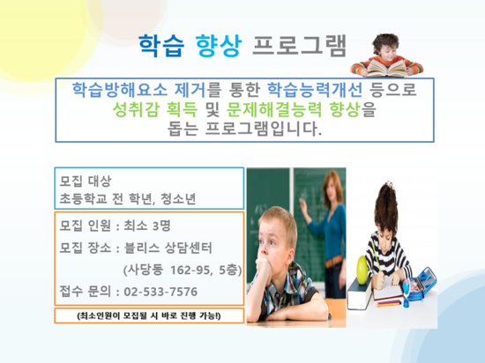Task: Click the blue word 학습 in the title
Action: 161,46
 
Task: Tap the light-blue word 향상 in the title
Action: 219,46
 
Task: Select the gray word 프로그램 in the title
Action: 300,46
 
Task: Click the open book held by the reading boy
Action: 386,68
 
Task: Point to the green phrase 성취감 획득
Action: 154,109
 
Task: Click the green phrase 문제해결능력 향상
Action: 294,109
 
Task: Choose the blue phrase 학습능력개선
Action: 315,90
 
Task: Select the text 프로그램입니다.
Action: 264,129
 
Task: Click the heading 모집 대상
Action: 85,181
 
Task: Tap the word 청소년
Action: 178,198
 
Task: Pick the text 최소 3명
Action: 147,226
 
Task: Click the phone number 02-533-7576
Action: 160,292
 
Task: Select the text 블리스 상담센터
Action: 168,248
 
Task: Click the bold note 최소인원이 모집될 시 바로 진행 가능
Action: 149,315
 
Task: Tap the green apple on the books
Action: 362,270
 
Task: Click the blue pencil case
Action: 421,285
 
